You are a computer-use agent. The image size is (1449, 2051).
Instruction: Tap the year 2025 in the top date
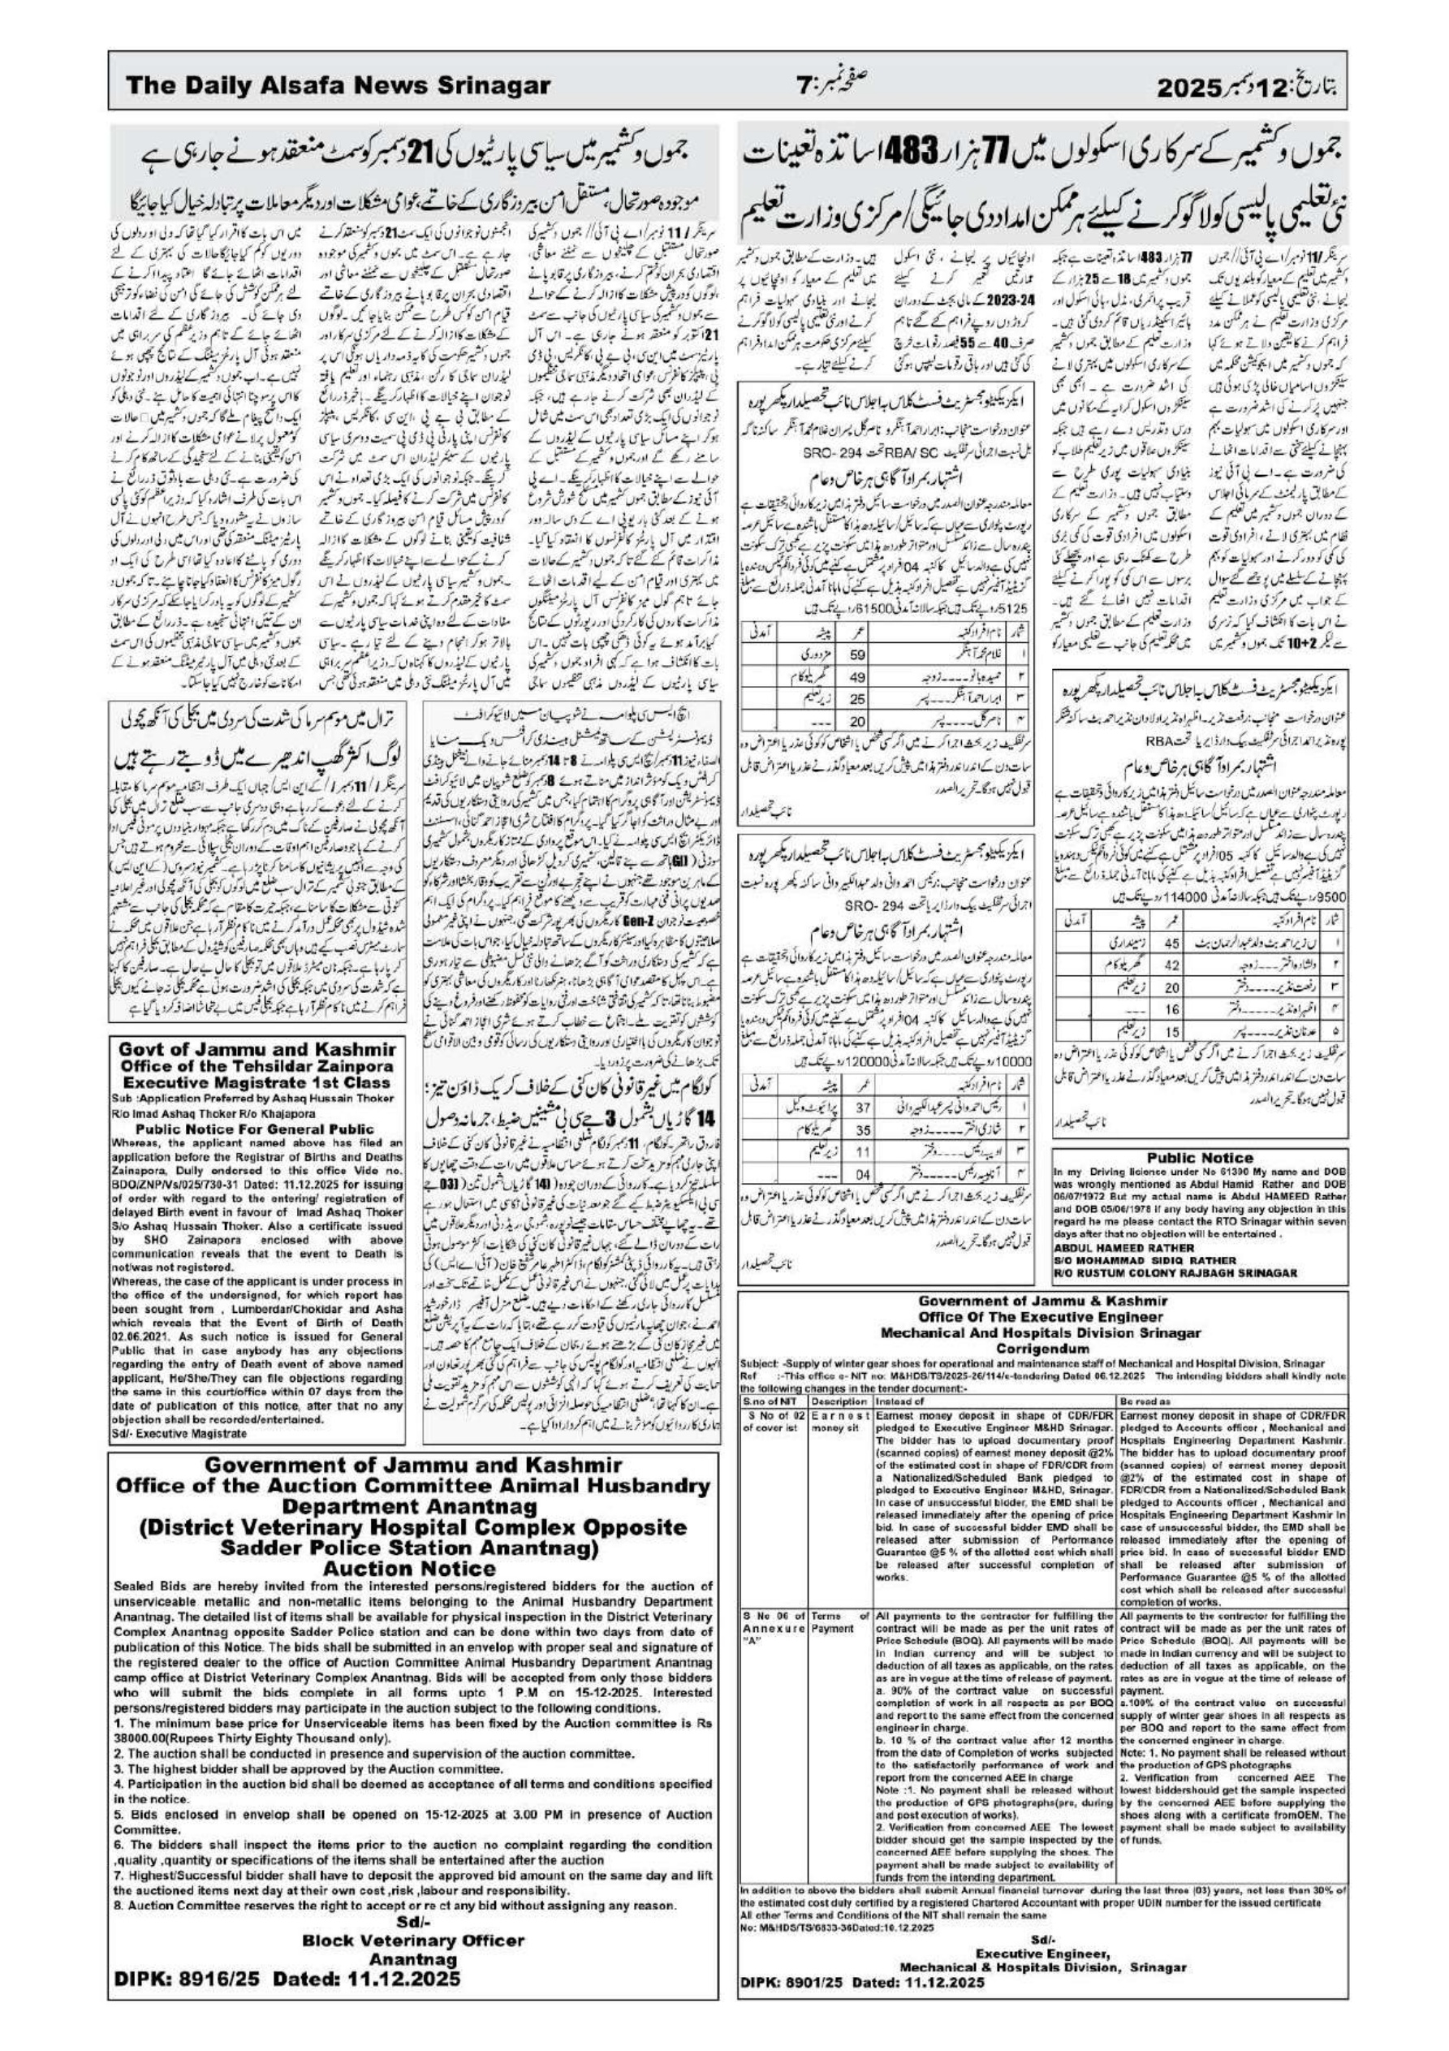[x=1188, y=88]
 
